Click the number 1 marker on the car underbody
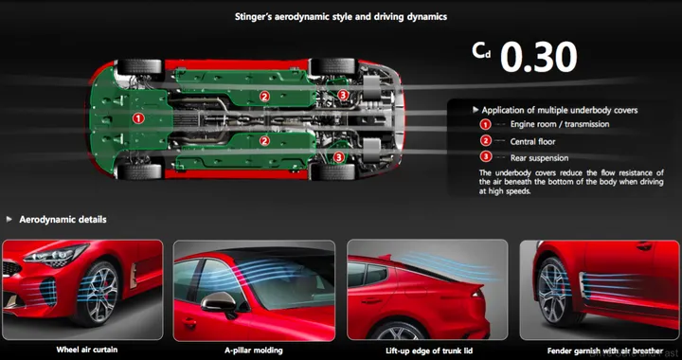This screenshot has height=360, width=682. click(138, 118)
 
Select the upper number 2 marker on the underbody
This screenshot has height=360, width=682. click(265, 96)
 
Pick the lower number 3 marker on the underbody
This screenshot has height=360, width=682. click(339, 157)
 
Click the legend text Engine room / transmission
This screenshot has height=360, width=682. click(559, 124)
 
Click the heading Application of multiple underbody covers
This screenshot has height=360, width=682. click(560, 110)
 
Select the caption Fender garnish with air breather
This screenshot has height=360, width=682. click(600, 350)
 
